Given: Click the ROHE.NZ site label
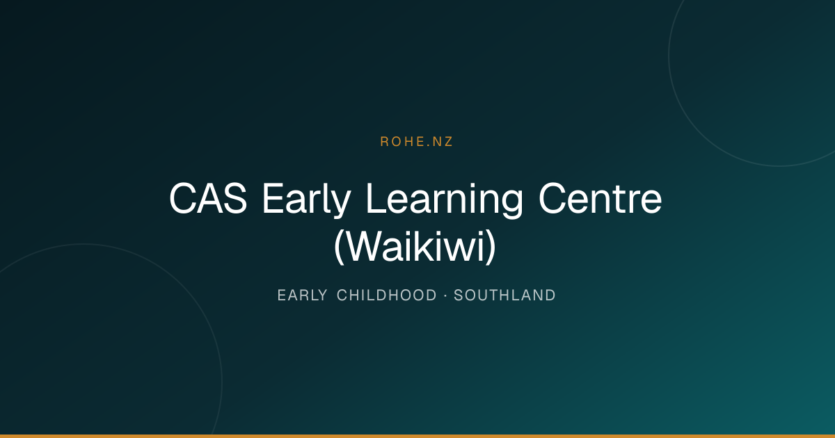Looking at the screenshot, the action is click(416, 142).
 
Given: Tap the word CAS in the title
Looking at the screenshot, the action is click(208, 198).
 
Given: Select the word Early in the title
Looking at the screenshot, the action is click(306, 200).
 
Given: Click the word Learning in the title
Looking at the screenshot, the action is click(445, 200).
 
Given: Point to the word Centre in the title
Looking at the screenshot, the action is click(600, 199).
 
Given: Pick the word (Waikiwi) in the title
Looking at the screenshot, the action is click(415, 247).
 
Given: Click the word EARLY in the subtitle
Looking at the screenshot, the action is click(302, 295).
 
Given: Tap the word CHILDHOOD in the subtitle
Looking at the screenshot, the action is click(387, 295).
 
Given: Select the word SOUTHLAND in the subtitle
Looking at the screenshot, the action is click(504, 295).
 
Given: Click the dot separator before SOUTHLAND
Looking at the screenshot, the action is click(445, 295).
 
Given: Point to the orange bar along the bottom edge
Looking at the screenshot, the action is click(417, 436).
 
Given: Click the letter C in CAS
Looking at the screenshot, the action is click(182, 198).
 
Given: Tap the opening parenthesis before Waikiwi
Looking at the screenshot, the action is click(339, 247).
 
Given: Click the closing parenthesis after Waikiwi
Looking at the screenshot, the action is click(491, 247).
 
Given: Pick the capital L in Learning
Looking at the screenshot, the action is click(376, 198).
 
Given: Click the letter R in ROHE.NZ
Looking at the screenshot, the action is click(384, 142).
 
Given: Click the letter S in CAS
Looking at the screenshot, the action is click(236, 198).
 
